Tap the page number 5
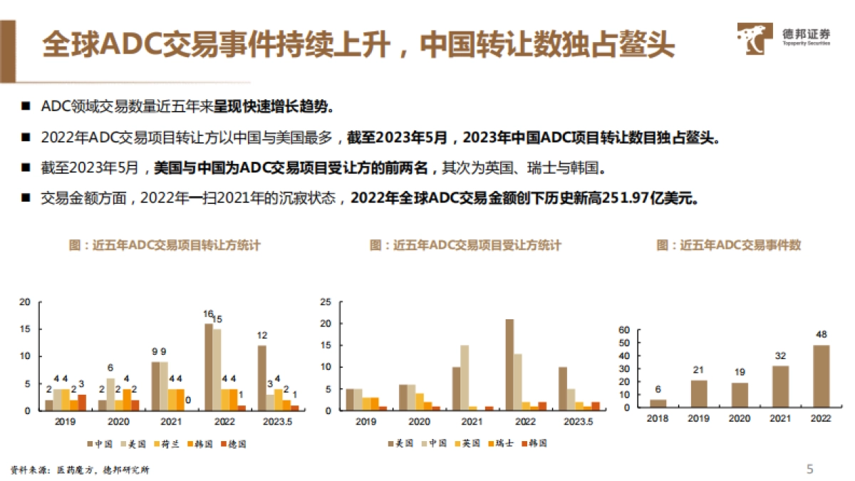809,469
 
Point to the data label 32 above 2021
780,356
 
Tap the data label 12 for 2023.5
262,336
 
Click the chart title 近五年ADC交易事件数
728,245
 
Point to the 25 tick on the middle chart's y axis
327,302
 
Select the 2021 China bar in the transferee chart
465,378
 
